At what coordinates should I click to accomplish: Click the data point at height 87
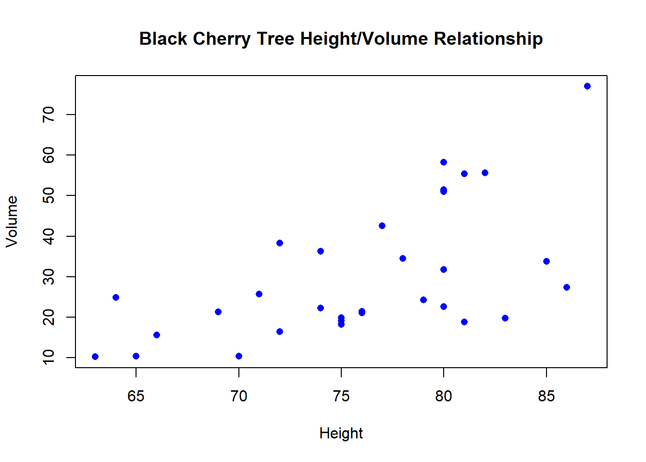point(587,86)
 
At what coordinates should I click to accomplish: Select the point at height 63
point(95,357)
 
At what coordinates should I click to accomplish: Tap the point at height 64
point(116,297)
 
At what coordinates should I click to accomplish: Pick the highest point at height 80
point(444,162)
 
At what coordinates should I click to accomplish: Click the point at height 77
point(382,226)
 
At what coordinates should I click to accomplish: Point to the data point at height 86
point(567,287)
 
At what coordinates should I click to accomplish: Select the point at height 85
point(546,261)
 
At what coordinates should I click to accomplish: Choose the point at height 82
point(485,173)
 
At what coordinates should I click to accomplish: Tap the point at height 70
point(239,356)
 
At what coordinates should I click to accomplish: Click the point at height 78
point(403,258)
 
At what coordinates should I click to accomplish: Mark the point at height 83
point(505,318)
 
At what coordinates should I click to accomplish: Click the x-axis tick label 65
point(136,396)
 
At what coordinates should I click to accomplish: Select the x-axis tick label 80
point(444,396)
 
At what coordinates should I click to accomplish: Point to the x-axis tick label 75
point(341,396)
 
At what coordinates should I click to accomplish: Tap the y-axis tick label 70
point(49,115)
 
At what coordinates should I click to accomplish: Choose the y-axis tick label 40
point(49,236)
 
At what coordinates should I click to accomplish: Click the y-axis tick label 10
point(49,358)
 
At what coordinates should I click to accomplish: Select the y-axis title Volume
point(12,221)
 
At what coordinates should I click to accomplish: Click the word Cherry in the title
point(222,39)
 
